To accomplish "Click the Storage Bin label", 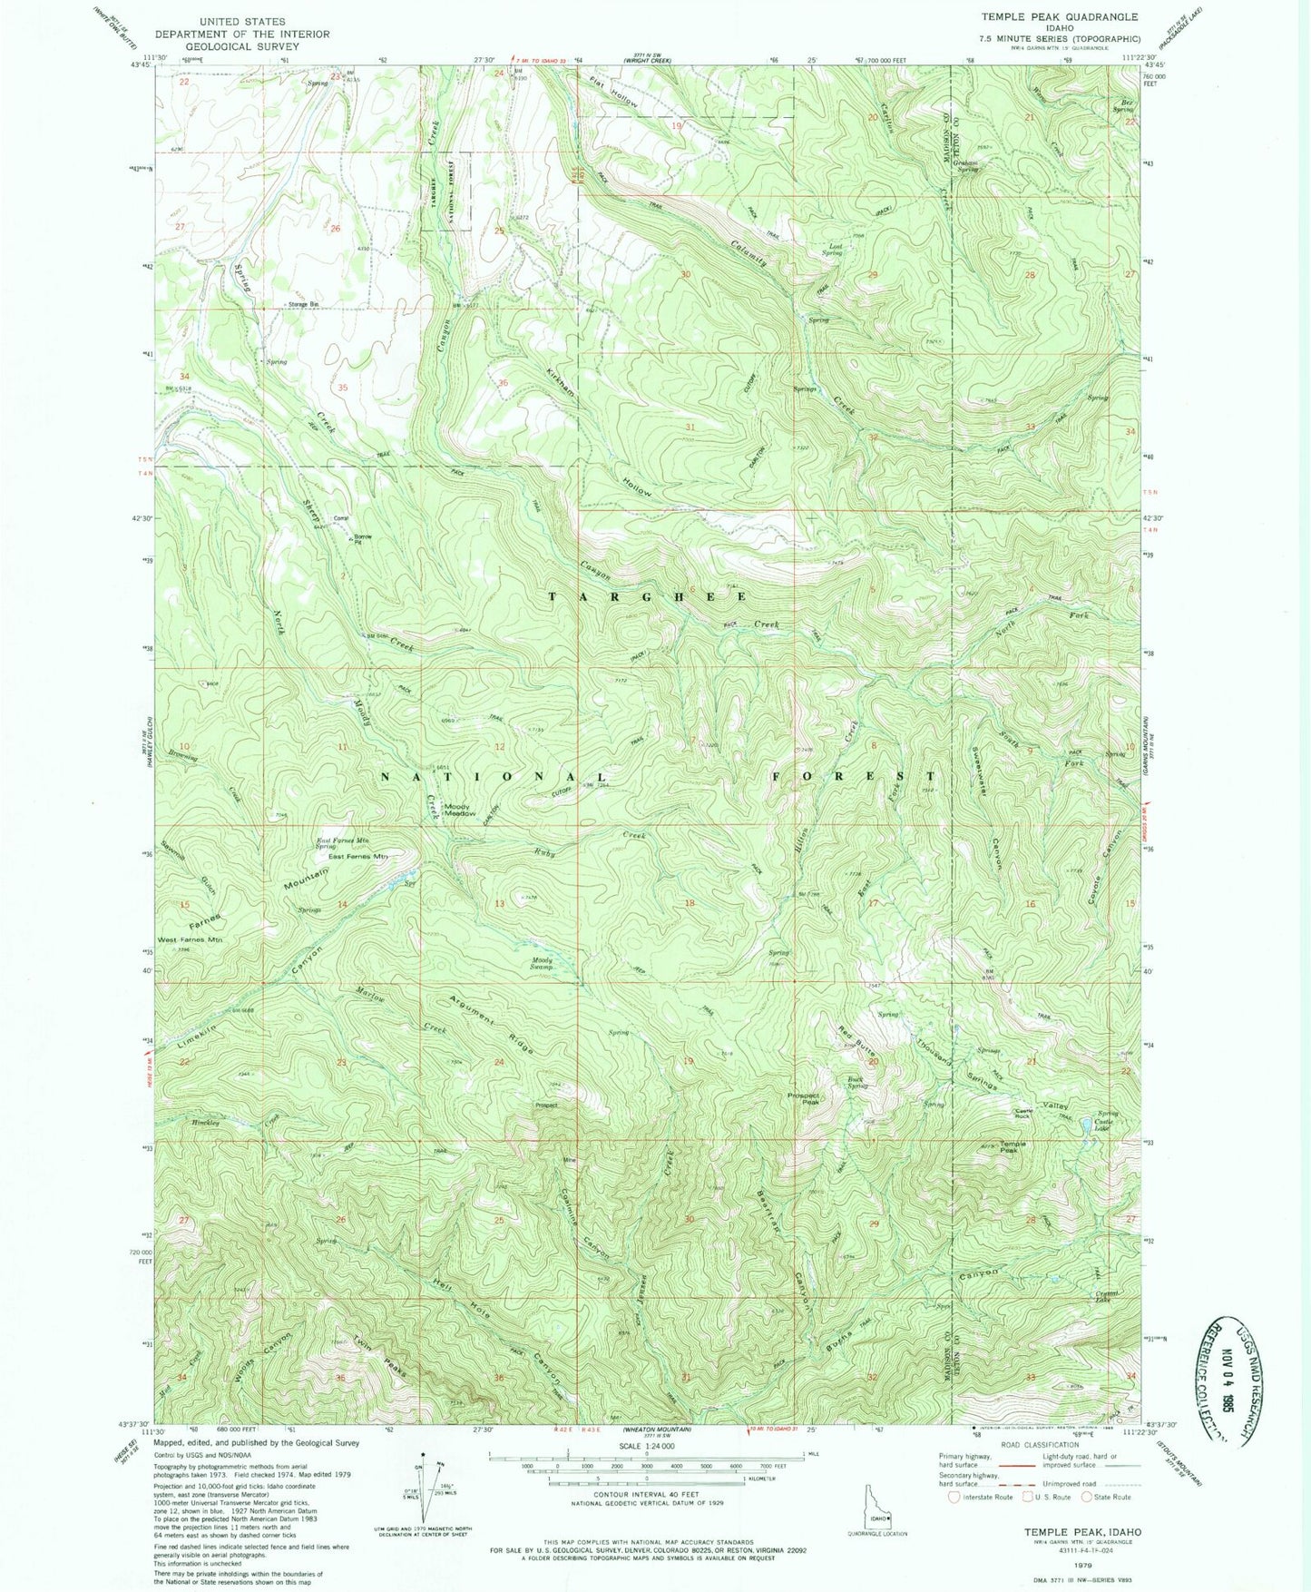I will pyautogui.click(x=305, y=305).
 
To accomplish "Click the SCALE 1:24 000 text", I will pyautogui.click(x=645, y=1446).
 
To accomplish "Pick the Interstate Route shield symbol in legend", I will pyautogui.click(x=954, y=1498).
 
